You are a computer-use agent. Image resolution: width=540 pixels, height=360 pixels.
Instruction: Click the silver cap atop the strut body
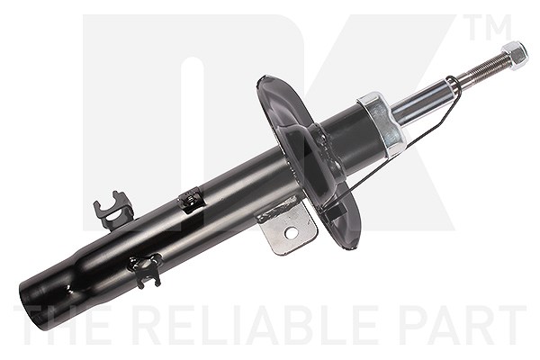[x=381, y=121]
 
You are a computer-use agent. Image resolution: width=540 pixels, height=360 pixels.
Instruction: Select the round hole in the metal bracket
[x=291, y=234]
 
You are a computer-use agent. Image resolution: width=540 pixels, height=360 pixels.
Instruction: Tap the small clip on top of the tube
[x=191, y=200]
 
